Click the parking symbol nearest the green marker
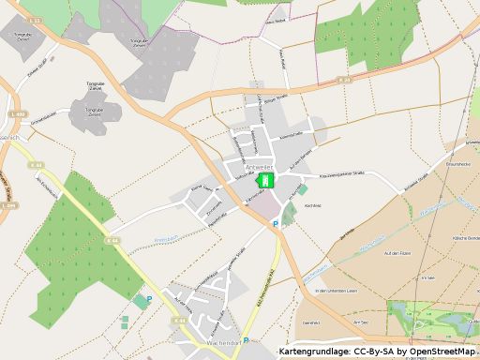275,224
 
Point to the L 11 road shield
35,19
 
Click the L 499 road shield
16,114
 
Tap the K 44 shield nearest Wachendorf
179,321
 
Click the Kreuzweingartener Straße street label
349,175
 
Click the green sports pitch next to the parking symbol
141,302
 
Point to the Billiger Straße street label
285,99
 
